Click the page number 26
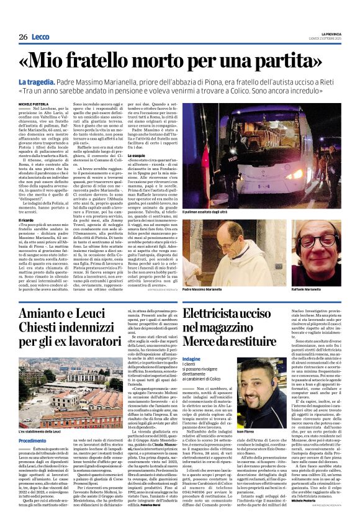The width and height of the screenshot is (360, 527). click(x=23, y=37)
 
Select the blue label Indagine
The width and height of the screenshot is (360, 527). click(x=192, y=359)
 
